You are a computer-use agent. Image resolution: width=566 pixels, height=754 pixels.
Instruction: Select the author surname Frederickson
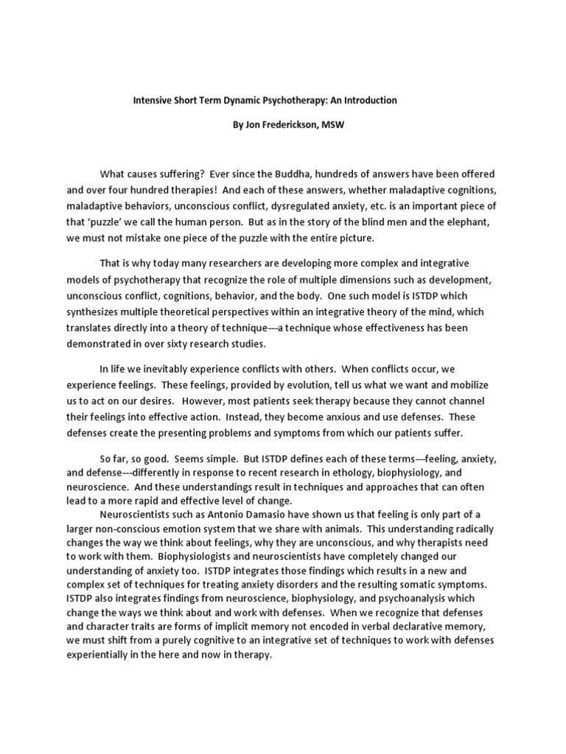[x=291, y=125]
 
